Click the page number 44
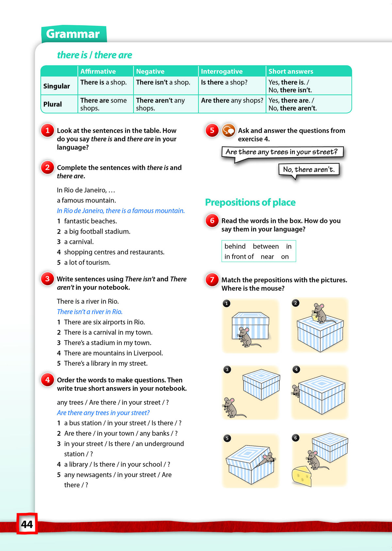tap(27, 524)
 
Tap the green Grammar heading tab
tap(73, 34)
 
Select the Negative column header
tap(150, 71)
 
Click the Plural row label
tap(53, 104)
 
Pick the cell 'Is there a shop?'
tap(224, 82)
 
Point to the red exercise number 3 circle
tap(48, 279)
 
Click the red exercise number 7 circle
tap(212, 280)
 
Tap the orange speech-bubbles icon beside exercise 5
tap(228, 130)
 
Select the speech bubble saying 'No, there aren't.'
tap(309, 170)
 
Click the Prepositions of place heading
tap(250, 202)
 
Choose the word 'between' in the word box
tap(266, 246)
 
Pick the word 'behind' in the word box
tap(235, 246)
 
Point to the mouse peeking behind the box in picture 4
tap(296, 390)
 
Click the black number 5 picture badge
tap(227, 438)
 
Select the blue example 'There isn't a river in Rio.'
tap(90, 312)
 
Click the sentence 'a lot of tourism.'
tap(87, 262)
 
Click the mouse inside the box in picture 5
tap(269, 459)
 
